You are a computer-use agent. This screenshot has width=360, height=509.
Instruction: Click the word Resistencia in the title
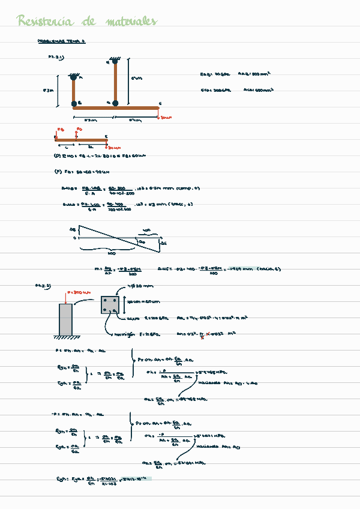pyautogui.click(x=45, y=22)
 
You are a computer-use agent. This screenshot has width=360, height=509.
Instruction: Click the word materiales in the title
pyautogui.click(x=131, y=22)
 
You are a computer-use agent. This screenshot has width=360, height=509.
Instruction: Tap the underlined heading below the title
pyautogui.click(x=62, y=41)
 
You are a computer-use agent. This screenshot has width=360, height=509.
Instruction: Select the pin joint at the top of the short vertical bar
pyautogui.click(x=73, y=76)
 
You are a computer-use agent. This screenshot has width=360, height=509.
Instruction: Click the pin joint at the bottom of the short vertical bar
pyautogui.click(x=73, y=103)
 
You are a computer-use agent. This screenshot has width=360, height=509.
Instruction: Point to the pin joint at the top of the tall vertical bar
pyautogui.click(x=115, y=60)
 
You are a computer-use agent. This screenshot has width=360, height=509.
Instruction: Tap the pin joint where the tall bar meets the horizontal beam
pyautogui.click(x=115, y=103)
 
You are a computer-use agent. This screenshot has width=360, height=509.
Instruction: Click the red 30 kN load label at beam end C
pyautogui.click(x=165, y=118)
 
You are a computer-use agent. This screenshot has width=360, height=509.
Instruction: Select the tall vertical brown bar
pyautogui.click(x=115, y=82)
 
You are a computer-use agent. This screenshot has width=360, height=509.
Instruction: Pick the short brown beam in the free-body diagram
pyautogui.click(x=80, y=140)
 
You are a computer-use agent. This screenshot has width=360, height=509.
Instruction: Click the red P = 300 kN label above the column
pyautogui.click(x=80, y=292)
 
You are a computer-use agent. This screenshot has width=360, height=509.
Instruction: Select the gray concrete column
pyautogui.click(x=65, y=320)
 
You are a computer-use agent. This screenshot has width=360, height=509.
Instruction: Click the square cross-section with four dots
pyautogui.click(x=110, y=304)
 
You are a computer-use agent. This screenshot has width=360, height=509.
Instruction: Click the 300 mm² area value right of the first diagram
pyautogui.click(x=259, y=74)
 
